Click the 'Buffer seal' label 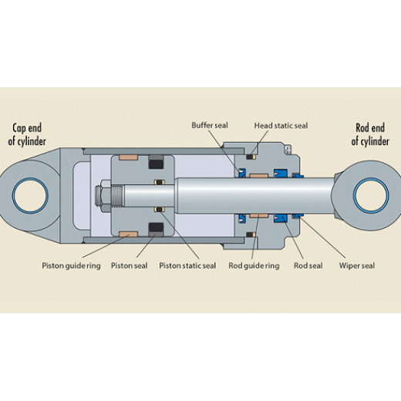pyautogui.click(x=210, y=126)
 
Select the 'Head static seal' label pyautogui.click(x=281, y=126)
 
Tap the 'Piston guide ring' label pyautogui.click(x=71, y=265)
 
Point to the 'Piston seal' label pyautogui.click(x=129, y=265)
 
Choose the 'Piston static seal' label pyautogui.click(x=187, y=265)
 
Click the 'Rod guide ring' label pyautogui.click(x=254, y=265)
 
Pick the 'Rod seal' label pyautogui.click(x=308, y=265)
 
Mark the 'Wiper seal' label pyautogui.click(x=357, y=265)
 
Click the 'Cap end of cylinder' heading pyautogui.click(x=27, y=135)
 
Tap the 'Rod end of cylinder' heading pyautogui.click(x=370, y=135)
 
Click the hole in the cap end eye pyautogui.click(x=30, y=196)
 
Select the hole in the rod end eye pyautogui.click(x=371, y=196)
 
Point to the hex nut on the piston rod pyautogui.click(x=106, y=196)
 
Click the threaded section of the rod pyautogui.click(x=117, y=196)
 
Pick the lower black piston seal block pyautogui.click(x=156, y=227)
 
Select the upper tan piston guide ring pyautogui.click(x=128, y=157)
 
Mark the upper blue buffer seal pyautogui.click(x=242, y=174)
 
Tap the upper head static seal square pyautogui.click(x=250, y=157)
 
